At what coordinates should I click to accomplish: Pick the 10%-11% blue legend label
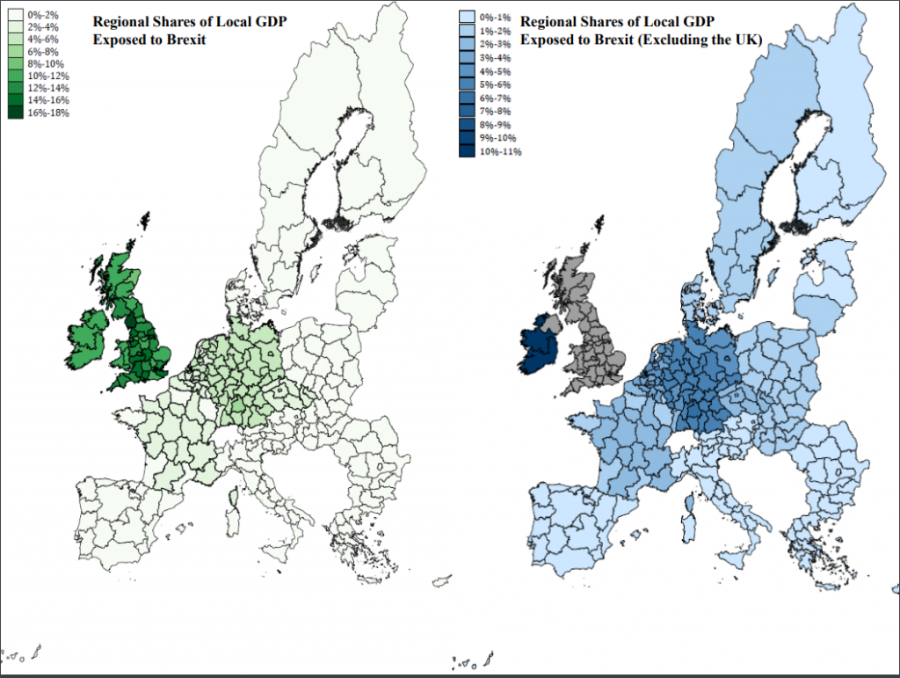(x=502, y=151)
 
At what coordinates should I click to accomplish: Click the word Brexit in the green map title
(x=185, y=40)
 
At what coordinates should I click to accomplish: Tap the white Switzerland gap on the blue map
(x=692, y=443)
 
